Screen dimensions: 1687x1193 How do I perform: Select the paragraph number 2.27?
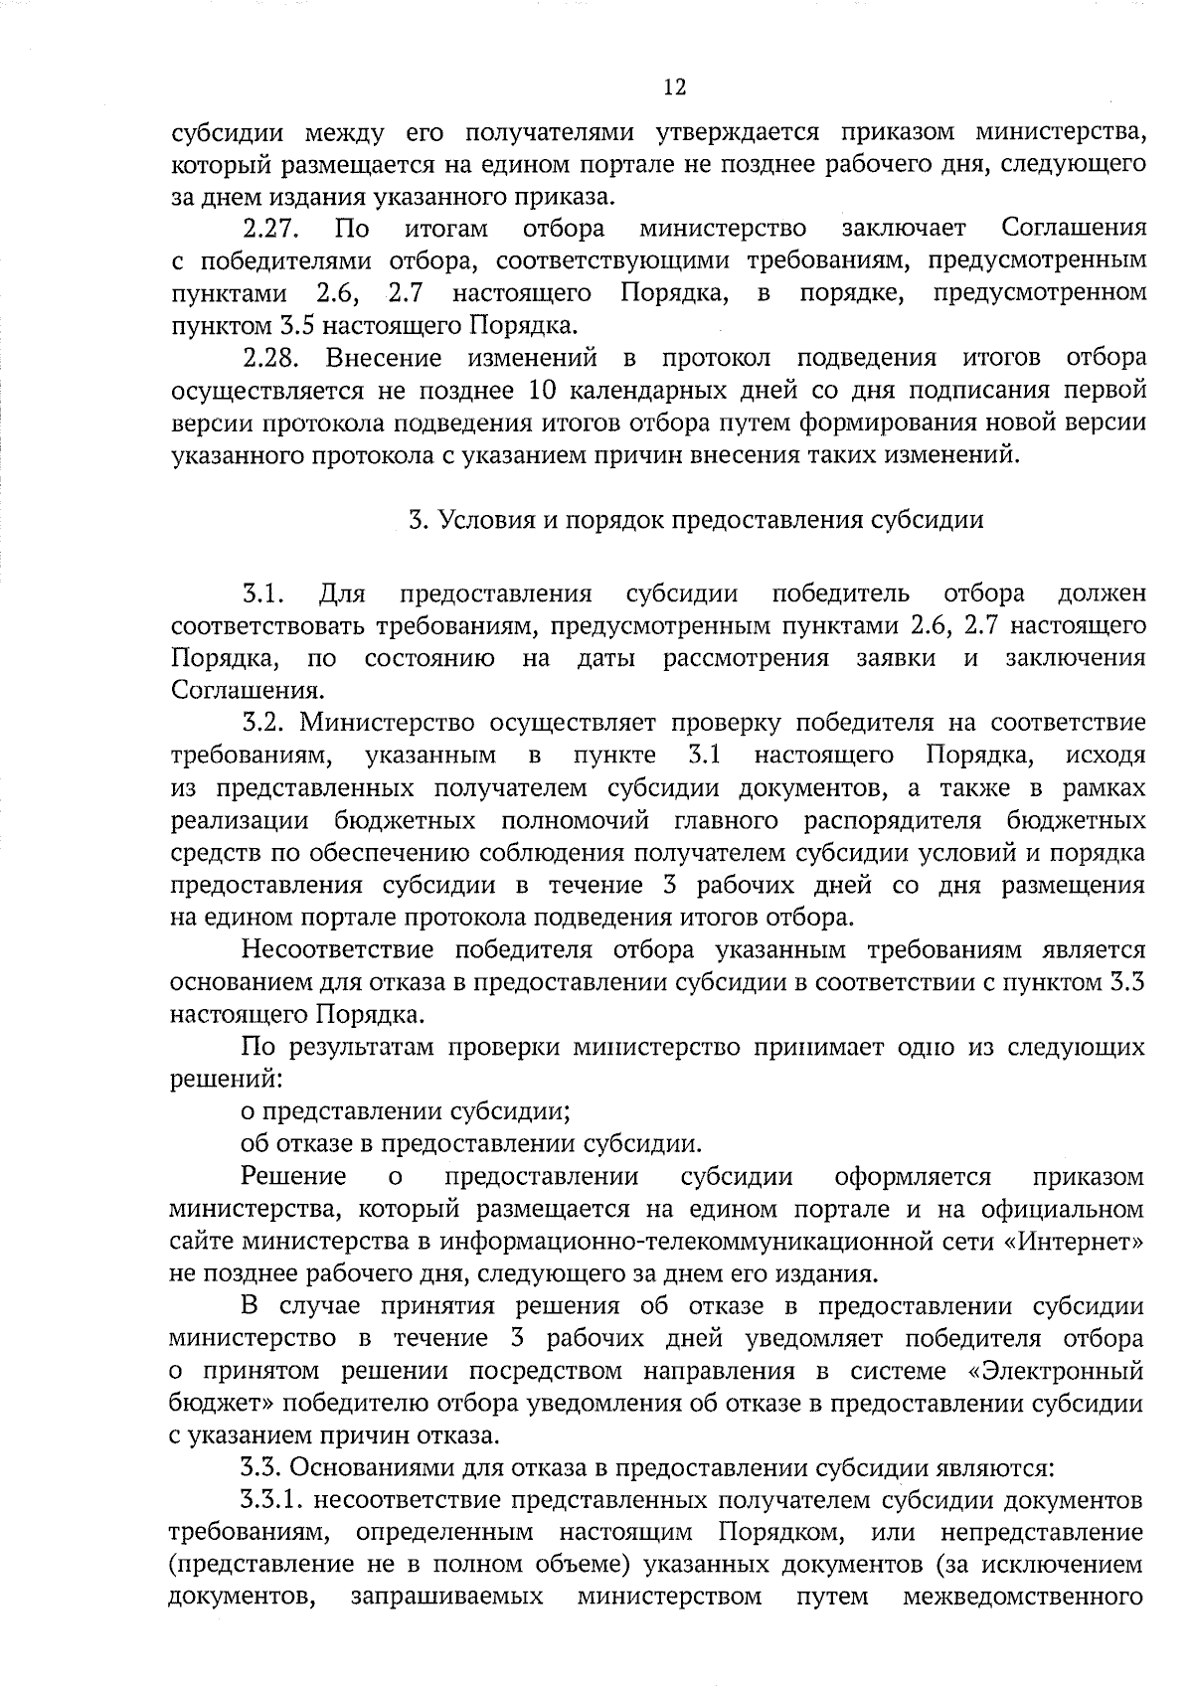pyautogui.click(x=272, y=229)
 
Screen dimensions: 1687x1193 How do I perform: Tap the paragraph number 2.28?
pyautogui.click(x=272, y=357)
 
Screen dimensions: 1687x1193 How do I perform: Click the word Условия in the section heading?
pyautogui.click(x=484, y=520)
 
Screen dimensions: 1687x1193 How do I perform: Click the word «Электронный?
pyautogui.click(x=1054, y=1371)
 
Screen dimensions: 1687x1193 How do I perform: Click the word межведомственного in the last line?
pyautogui.click(x=1023, y=1597)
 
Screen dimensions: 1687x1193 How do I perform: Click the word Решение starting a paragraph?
pyautogui.click(x=293, y=1177)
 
